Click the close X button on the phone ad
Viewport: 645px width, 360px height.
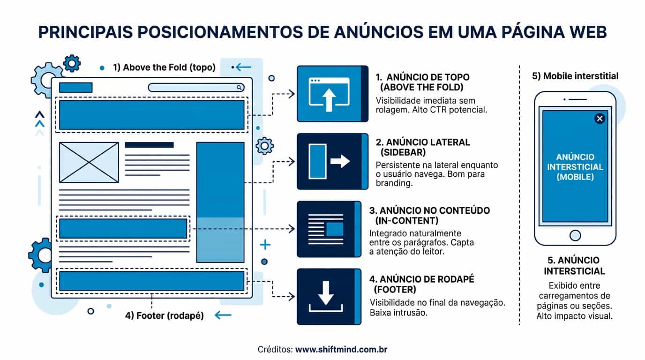(x=600, y=119)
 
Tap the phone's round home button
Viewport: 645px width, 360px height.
(x=575, y=236)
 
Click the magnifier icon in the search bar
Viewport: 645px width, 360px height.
(x=239, y=87)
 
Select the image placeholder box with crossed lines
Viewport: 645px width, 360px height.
(x=89, y=163)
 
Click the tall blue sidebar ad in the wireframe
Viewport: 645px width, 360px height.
(x=220, y=202)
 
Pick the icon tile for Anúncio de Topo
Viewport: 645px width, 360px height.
(x=333, y=94)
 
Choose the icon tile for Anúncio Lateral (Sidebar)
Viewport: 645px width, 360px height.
(x=333, y=161)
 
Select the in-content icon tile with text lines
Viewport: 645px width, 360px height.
(x=329, y=229)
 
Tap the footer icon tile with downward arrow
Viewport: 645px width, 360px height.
(x=329, y=297)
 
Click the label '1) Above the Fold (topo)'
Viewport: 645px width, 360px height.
(x=164, y=67)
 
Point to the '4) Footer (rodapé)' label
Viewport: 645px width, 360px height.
(x=165, y=315)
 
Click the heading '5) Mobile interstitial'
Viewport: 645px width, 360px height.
(x=575, y=76)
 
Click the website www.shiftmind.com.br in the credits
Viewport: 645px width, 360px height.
(x=341, y=349)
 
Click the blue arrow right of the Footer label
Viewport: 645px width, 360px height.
(x=223, y=315)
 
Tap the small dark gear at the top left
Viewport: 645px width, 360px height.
(x=72, y=63)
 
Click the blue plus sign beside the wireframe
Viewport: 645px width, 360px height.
(x=265, y=245)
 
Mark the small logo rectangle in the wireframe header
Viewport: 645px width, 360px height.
(x=76, y=88)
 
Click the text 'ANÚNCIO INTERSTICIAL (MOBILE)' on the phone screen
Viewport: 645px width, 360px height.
(x=575, y=167)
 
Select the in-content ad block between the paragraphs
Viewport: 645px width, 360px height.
(x=123, y=228)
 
